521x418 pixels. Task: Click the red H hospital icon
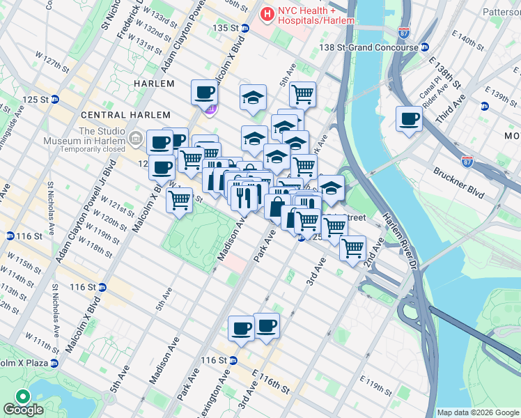(x=266, y=13)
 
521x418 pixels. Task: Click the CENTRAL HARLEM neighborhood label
(x=125, y=115)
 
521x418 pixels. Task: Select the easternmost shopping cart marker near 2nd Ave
(x=352, y=247)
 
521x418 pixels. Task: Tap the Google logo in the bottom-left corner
(x=23, y=410)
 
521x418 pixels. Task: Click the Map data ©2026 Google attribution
(x=478, y=412)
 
